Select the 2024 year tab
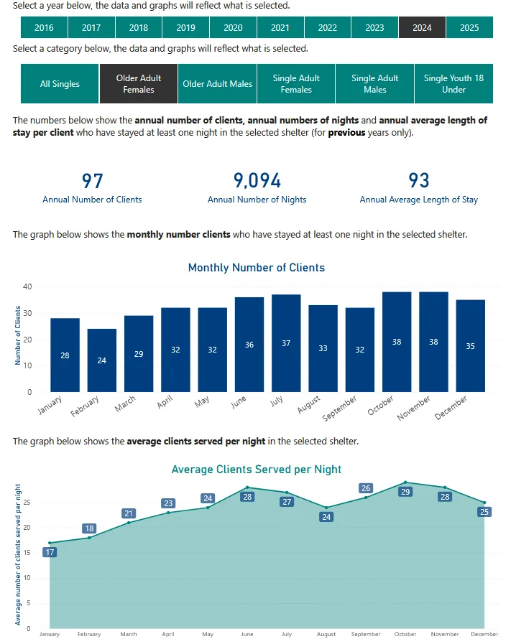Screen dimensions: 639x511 coord(422,27)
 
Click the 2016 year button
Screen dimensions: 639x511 coord(44,27)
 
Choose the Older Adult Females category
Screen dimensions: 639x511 coord(139,84)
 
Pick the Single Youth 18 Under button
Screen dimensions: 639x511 coord(454,84)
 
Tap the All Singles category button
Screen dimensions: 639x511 coord(60,84)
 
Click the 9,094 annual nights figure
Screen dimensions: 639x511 coord(257,180)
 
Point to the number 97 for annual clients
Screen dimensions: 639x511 coord(93,180)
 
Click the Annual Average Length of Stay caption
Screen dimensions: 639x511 coord(418,200)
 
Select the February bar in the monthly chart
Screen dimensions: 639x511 coord(101,360)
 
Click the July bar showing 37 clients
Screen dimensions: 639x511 coord(286,343)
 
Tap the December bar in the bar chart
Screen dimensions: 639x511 coord(470,346)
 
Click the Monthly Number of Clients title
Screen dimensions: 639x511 coord(257,268)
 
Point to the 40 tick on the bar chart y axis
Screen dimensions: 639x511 coord(28,286)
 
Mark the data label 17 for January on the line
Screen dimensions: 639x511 coord(50,552)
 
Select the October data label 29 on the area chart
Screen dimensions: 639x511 coord(405,492)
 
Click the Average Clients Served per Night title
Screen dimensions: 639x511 coord(257,470)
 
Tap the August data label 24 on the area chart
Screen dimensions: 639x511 coord(326,517)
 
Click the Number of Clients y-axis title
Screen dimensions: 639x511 coord(17,336)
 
